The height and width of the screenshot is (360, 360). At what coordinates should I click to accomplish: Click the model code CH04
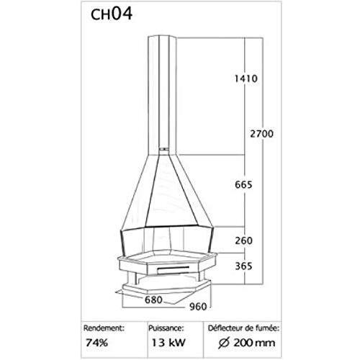click(112, 14)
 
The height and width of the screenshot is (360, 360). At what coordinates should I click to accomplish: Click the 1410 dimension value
click(246, 78)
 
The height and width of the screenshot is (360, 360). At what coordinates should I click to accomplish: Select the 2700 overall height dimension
click(262, 134)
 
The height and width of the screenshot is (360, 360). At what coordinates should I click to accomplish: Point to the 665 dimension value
click(243, 184)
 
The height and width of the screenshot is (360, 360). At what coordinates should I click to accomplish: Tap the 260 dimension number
click(243, 240)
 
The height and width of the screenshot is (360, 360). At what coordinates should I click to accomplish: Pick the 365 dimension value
click(243, 266)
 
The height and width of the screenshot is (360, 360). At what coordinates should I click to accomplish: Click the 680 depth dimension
click(153, 300)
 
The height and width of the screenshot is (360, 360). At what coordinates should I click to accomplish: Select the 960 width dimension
click(198, 307)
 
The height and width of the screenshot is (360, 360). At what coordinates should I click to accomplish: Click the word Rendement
click(104, 328)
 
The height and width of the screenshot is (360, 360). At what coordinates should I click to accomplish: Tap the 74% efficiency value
click(97, 343)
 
